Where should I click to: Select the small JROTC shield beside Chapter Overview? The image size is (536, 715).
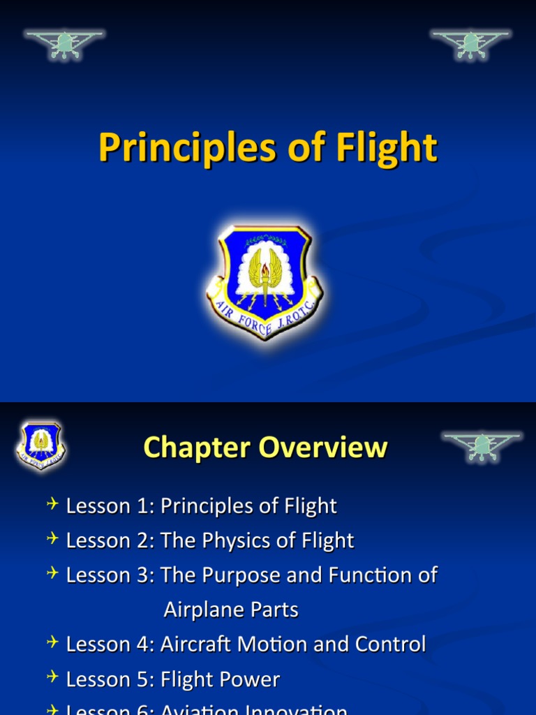point(41,445)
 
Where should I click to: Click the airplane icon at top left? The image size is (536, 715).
point(64,43)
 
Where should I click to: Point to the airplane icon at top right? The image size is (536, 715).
point(471,43)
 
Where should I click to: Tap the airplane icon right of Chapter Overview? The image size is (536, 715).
point(482,445)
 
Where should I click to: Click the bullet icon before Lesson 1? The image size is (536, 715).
point(53,505)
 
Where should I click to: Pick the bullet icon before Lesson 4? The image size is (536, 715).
point(53,643)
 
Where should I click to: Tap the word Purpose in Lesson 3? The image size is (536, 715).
point(237,575)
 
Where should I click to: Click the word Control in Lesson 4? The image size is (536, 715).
point(390,644)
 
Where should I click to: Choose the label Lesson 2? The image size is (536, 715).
point(110,540)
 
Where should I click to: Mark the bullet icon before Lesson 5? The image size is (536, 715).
point(53,678)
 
